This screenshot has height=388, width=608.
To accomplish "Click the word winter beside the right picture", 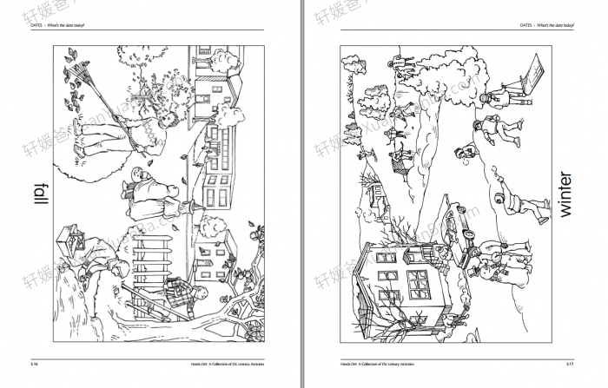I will pyautogui.click(x=565, y=194).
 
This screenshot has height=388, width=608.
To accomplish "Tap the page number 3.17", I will pyautogui.click(x=567, y=365).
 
